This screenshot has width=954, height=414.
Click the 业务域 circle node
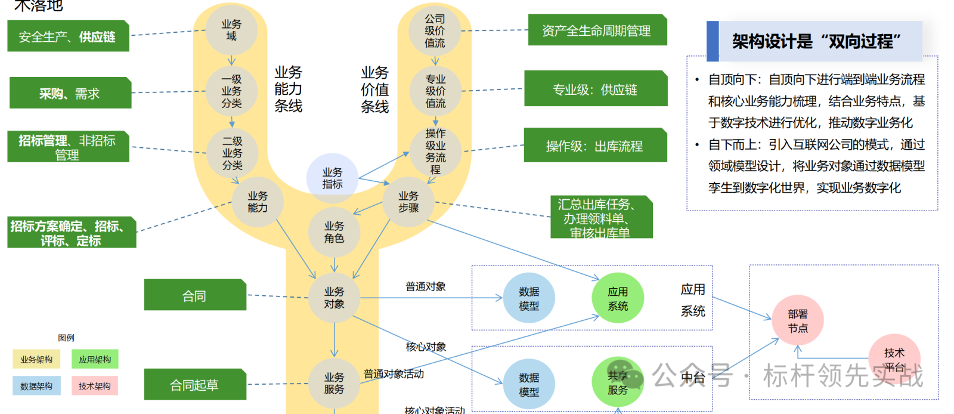[x=231, y=30]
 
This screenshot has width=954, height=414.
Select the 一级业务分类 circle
[x=231, y=91]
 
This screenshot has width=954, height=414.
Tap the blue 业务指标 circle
[x=333, y=178]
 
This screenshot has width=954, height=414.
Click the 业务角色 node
[x=334, y=232]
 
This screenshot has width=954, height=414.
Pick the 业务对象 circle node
[x=334, y=298]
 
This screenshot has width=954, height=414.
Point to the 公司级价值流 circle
[x=435, y=30]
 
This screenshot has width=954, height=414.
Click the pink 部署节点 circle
[x=798, y=321]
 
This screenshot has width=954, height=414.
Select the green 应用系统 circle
[x=618, y=298]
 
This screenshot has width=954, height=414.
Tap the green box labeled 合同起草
[x=194, y=385]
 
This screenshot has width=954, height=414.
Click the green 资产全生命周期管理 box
[x=597, y=30]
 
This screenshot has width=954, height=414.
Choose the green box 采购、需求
[x=70, y=93]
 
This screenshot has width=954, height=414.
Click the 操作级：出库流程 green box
[x=594, y=146]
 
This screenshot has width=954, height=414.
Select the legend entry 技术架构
[x=95, y=386]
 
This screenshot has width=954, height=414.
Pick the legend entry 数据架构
[x=36, y=386]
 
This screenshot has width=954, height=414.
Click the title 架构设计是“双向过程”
[x=816, y=41]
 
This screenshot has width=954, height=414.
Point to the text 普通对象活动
[x=394, y=374]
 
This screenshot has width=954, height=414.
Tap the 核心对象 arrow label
[x=426, y=347]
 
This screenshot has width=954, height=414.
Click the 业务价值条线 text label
[x=374, y=89]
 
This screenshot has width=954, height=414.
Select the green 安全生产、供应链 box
[x=67, y=36]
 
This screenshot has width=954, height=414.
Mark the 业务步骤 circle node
[x=408, y=202]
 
